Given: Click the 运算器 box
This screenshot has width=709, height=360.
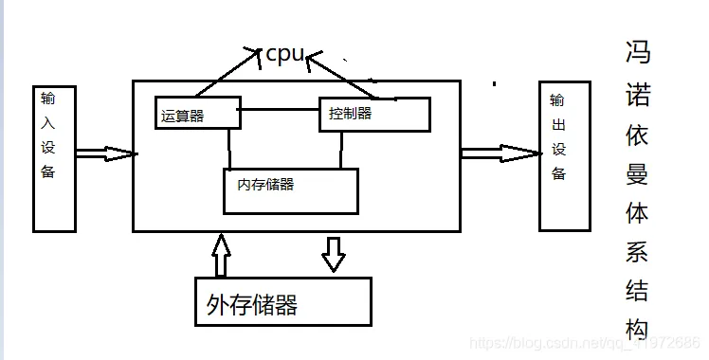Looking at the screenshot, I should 191,114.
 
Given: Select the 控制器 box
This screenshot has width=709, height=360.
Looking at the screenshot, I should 373,114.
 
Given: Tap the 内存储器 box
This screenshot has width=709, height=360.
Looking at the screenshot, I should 290,189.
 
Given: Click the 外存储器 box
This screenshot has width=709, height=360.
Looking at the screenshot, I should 282,302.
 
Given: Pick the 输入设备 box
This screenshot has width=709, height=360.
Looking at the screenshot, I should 53,158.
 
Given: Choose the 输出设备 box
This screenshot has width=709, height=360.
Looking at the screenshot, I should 564,155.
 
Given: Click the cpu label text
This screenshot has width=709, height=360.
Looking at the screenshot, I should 284,54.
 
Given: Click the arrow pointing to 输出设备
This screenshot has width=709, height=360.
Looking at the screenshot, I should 499,153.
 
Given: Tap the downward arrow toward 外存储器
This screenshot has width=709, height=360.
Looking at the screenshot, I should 333,253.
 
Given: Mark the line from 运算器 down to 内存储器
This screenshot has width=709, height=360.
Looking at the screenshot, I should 229,148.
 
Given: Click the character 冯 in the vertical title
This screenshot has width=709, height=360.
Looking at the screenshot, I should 638,53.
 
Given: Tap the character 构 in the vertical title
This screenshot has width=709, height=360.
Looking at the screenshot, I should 637,328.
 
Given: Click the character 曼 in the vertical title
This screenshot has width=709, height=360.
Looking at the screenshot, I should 637,171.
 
